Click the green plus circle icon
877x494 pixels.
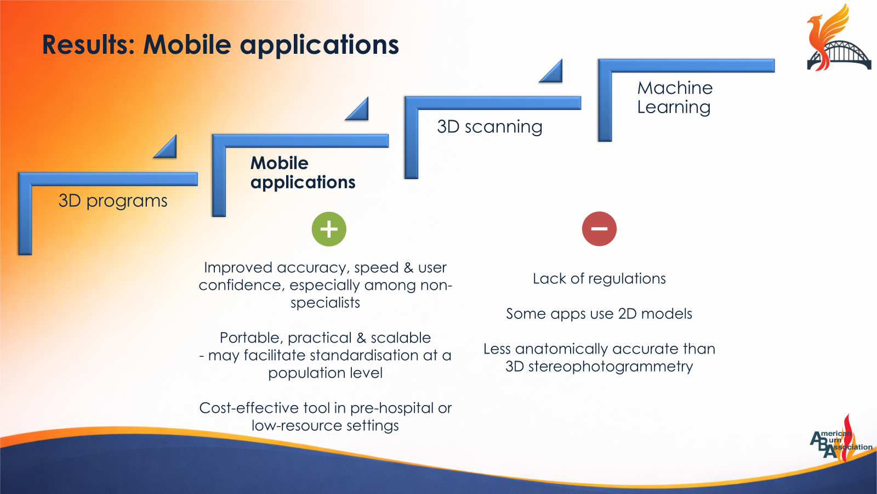tap(329, 229)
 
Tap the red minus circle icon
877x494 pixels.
tap(599, 229)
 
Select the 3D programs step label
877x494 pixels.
tap(113, 201)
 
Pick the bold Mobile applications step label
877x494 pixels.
tap(303, 173)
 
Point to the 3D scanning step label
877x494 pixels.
tap(489, 127)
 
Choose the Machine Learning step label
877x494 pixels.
tap(675, 97)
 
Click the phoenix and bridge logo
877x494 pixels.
tap(839, 38)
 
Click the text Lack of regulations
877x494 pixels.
tap(599, 279)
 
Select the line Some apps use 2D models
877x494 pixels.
tap(599, 313)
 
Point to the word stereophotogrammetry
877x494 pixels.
tap(611, 367)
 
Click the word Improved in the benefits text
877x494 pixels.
tap(238, 268)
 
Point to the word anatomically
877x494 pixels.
tap(575, 349)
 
